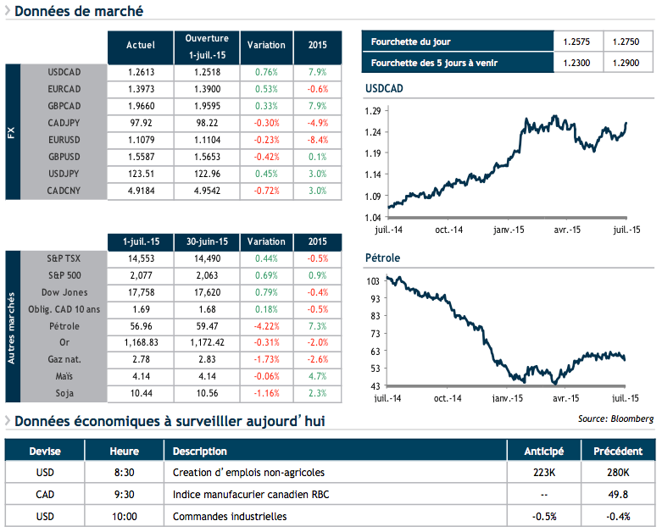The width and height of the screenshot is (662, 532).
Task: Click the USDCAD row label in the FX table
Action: [x=64, y=72]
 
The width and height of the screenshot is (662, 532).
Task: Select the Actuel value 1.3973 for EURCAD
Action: [x=140, y=89]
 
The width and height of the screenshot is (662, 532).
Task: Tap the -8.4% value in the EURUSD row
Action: [x=318, y=140]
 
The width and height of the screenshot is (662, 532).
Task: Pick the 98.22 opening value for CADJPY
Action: [x=207, y=123]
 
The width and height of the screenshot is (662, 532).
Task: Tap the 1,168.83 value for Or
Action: [x=140, y=343]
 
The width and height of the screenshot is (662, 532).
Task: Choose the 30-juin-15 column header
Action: [x=207, y=241]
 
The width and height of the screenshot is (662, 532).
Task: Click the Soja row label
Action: [x=64, y=394]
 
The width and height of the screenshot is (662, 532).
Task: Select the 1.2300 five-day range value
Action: [x=576, y=64]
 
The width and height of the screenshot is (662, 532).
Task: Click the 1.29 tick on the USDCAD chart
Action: [x=372, y=111]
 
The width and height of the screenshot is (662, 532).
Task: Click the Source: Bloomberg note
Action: [x=615, y=418]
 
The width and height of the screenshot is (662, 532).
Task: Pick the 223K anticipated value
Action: [x=543, y=473]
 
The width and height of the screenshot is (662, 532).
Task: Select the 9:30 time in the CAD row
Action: [x=124, y=495]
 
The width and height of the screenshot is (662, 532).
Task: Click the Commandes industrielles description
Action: [x=229, y=516]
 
